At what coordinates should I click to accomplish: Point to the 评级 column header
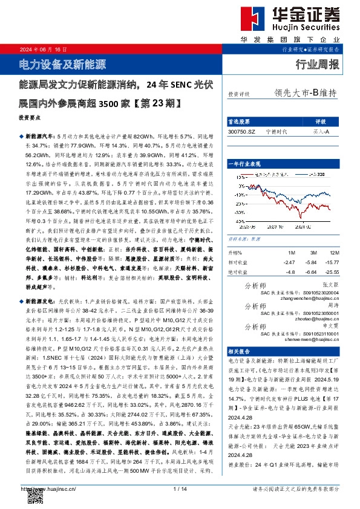coord(321,122)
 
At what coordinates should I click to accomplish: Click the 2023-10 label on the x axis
coord(281,227)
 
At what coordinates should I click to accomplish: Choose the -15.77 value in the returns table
coord(329,262)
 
